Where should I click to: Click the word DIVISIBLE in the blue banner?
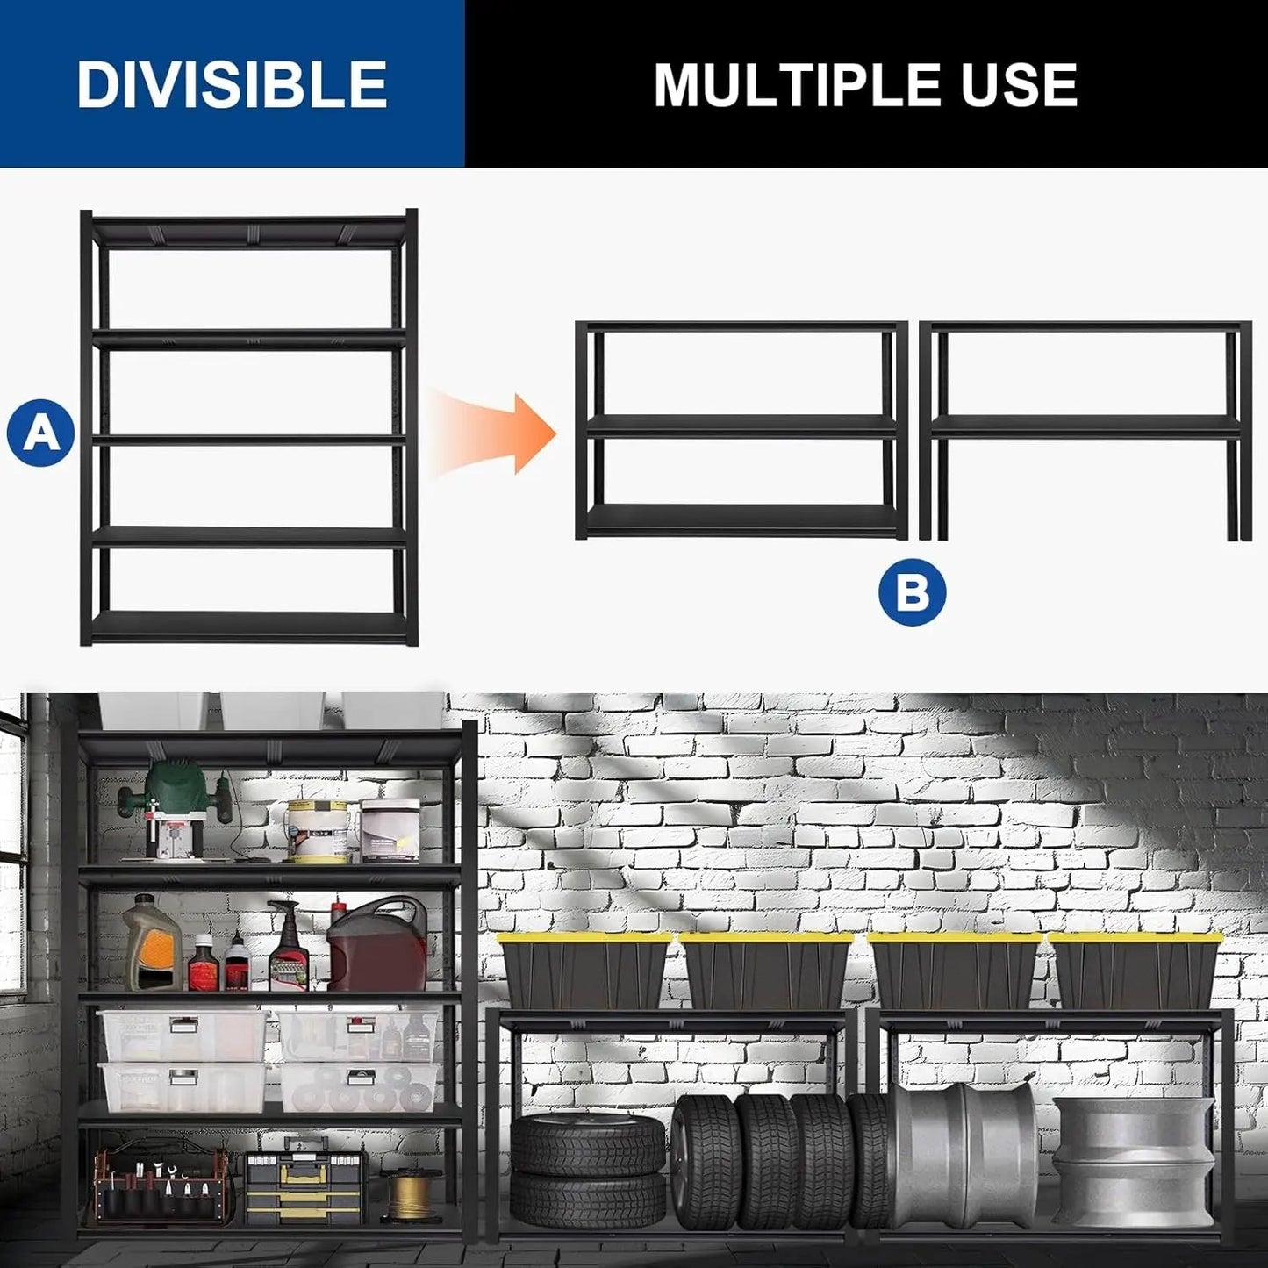pos(232,84)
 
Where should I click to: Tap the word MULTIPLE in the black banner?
pos(783,85)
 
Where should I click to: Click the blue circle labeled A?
pos(40,432)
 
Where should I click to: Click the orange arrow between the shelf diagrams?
pos(496,433)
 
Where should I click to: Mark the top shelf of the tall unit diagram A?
pos(249,232)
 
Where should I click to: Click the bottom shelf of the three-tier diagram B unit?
pos(741,519)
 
